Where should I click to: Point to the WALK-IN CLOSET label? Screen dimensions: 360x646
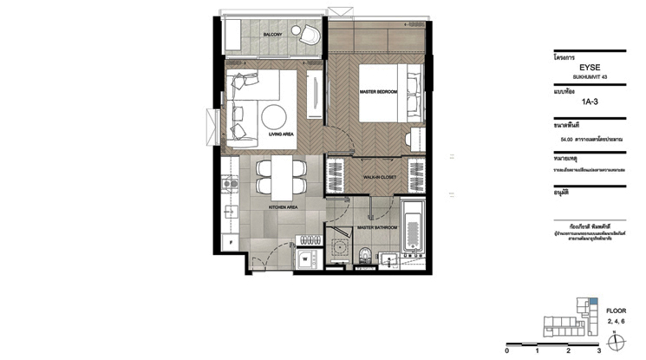(x=380, y=174)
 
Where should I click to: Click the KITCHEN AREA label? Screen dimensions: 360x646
(x=285, y=208)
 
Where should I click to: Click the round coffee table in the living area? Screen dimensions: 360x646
(x=275, y=116)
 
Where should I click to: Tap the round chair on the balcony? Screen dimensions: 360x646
(x=310, y=34)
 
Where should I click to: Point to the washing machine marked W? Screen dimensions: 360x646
(x=305, y=258)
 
